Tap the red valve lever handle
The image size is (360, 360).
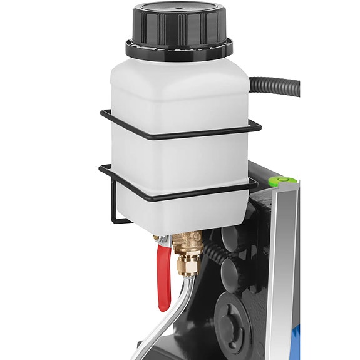(164, 275)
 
